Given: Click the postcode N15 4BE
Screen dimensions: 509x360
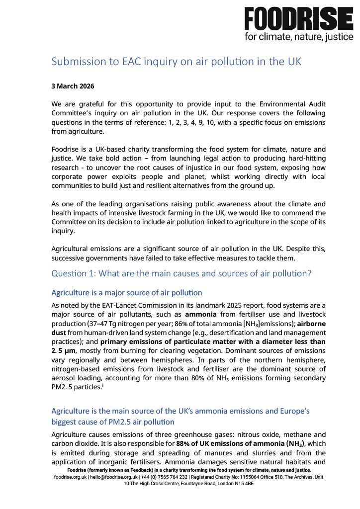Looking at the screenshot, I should coord(244,483).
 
